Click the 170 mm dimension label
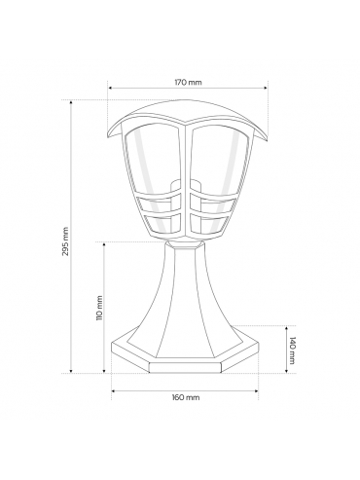(x=188, y=82)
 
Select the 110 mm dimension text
(x=99, y=308)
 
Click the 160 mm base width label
(x=187, y=397)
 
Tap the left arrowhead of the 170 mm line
(x=110, y=88)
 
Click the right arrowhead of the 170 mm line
(x=266, y=88)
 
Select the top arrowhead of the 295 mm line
(x=71, y=102)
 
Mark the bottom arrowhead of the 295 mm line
(x=71, y=371)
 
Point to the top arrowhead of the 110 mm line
(x=104, y=244)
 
